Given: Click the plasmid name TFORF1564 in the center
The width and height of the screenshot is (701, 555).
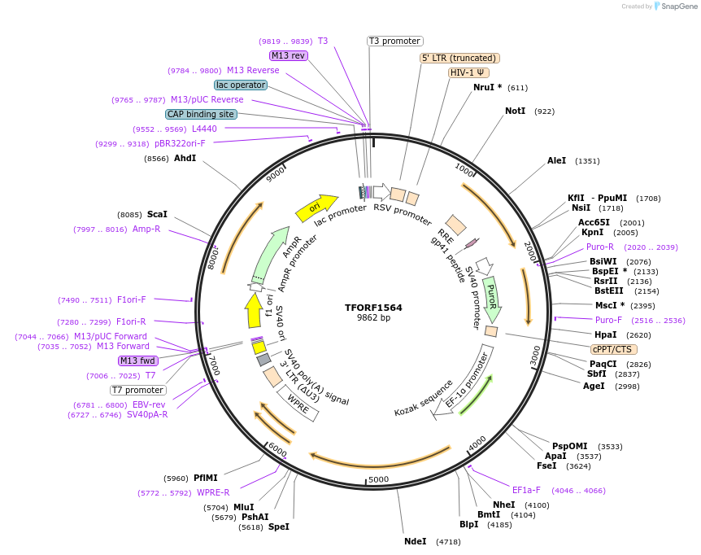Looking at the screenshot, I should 373,308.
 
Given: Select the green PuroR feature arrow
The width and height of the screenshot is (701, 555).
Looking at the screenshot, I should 491,298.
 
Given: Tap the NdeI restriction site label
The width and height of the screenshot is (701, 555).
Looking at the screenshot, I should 415,541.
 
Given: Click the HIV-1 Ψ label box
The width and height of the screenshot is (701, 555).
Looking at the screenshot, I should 468,72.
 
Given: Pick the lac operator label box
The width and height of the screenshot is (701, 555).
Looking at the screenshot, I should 241,85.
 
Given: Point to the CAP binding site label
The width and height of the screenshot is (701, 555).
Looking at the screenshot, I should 201,115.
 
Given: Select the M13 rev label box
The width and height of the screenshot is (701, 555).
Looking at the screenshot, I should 289,55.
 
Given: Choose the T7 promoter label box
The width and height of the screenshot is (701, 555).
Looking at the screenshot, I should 138,390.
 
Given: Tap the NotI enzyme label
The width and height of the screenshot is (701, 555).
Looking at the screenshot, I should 515,111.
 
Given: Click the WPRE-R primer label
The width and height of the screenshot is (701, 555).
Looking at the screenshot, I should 213,492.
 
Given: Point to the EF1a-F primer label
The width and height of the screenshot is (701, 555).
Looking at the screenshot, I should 529,490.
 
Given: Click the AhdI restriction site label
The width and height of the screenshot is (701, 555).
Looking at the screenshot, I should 185,158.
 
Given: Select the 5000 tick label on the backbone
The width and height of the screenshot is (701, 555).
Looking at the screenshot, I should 379,480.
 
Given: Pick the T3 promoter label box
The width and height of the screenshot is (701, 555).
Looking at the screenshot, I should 394,41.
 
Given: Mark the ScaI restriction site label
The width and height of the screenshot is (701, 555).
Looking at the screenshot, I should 157,214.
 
